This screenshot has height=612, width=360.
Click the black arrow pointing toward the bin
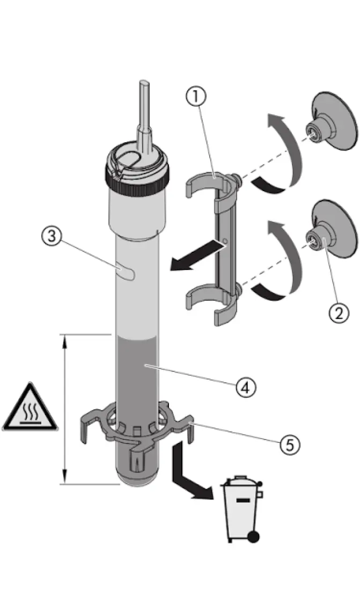point(190,480)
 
